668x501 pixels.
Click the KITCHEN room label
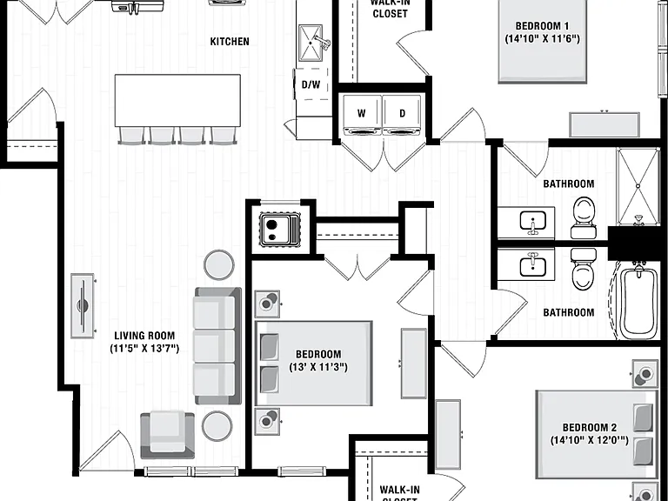pos(230,42)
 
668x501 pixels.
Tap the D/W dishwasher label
pos(311,84)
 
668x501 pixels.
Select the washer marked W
pos(362,115)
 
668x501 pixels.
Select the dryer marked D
pos(402,115)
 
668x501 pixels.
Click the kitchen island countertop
pos(177,101)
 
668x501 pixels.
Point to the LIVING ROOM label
pos(144,336)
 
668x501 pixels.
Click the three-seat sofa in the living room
pos(218,346)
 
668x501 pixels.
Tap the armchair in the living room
pos(167,435)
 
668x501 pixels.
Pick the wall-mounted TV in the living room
pos(83,305)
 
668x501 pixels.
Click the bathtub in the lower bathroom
pos(638,301)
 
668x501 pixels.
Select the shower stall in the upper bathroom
pos(638,186)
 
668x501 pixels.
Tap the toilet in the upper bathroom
pos(584,217)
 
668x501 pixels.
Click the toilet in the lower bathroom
pos(584,270)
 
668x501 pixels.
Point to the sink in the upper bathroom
pos(532,222)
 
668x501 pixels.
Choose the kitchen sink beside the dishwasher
pos(311,43)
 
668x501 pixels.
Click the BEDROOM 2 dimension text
pos(589,440)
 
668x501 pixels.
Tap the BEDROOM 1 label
pos(542,26)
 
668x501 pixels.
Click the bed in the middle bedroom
pos(314,364)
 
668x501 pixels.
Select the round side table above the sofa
pos(219,264)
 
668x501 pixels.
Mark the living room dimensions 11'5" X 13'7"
pos(144,349)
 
